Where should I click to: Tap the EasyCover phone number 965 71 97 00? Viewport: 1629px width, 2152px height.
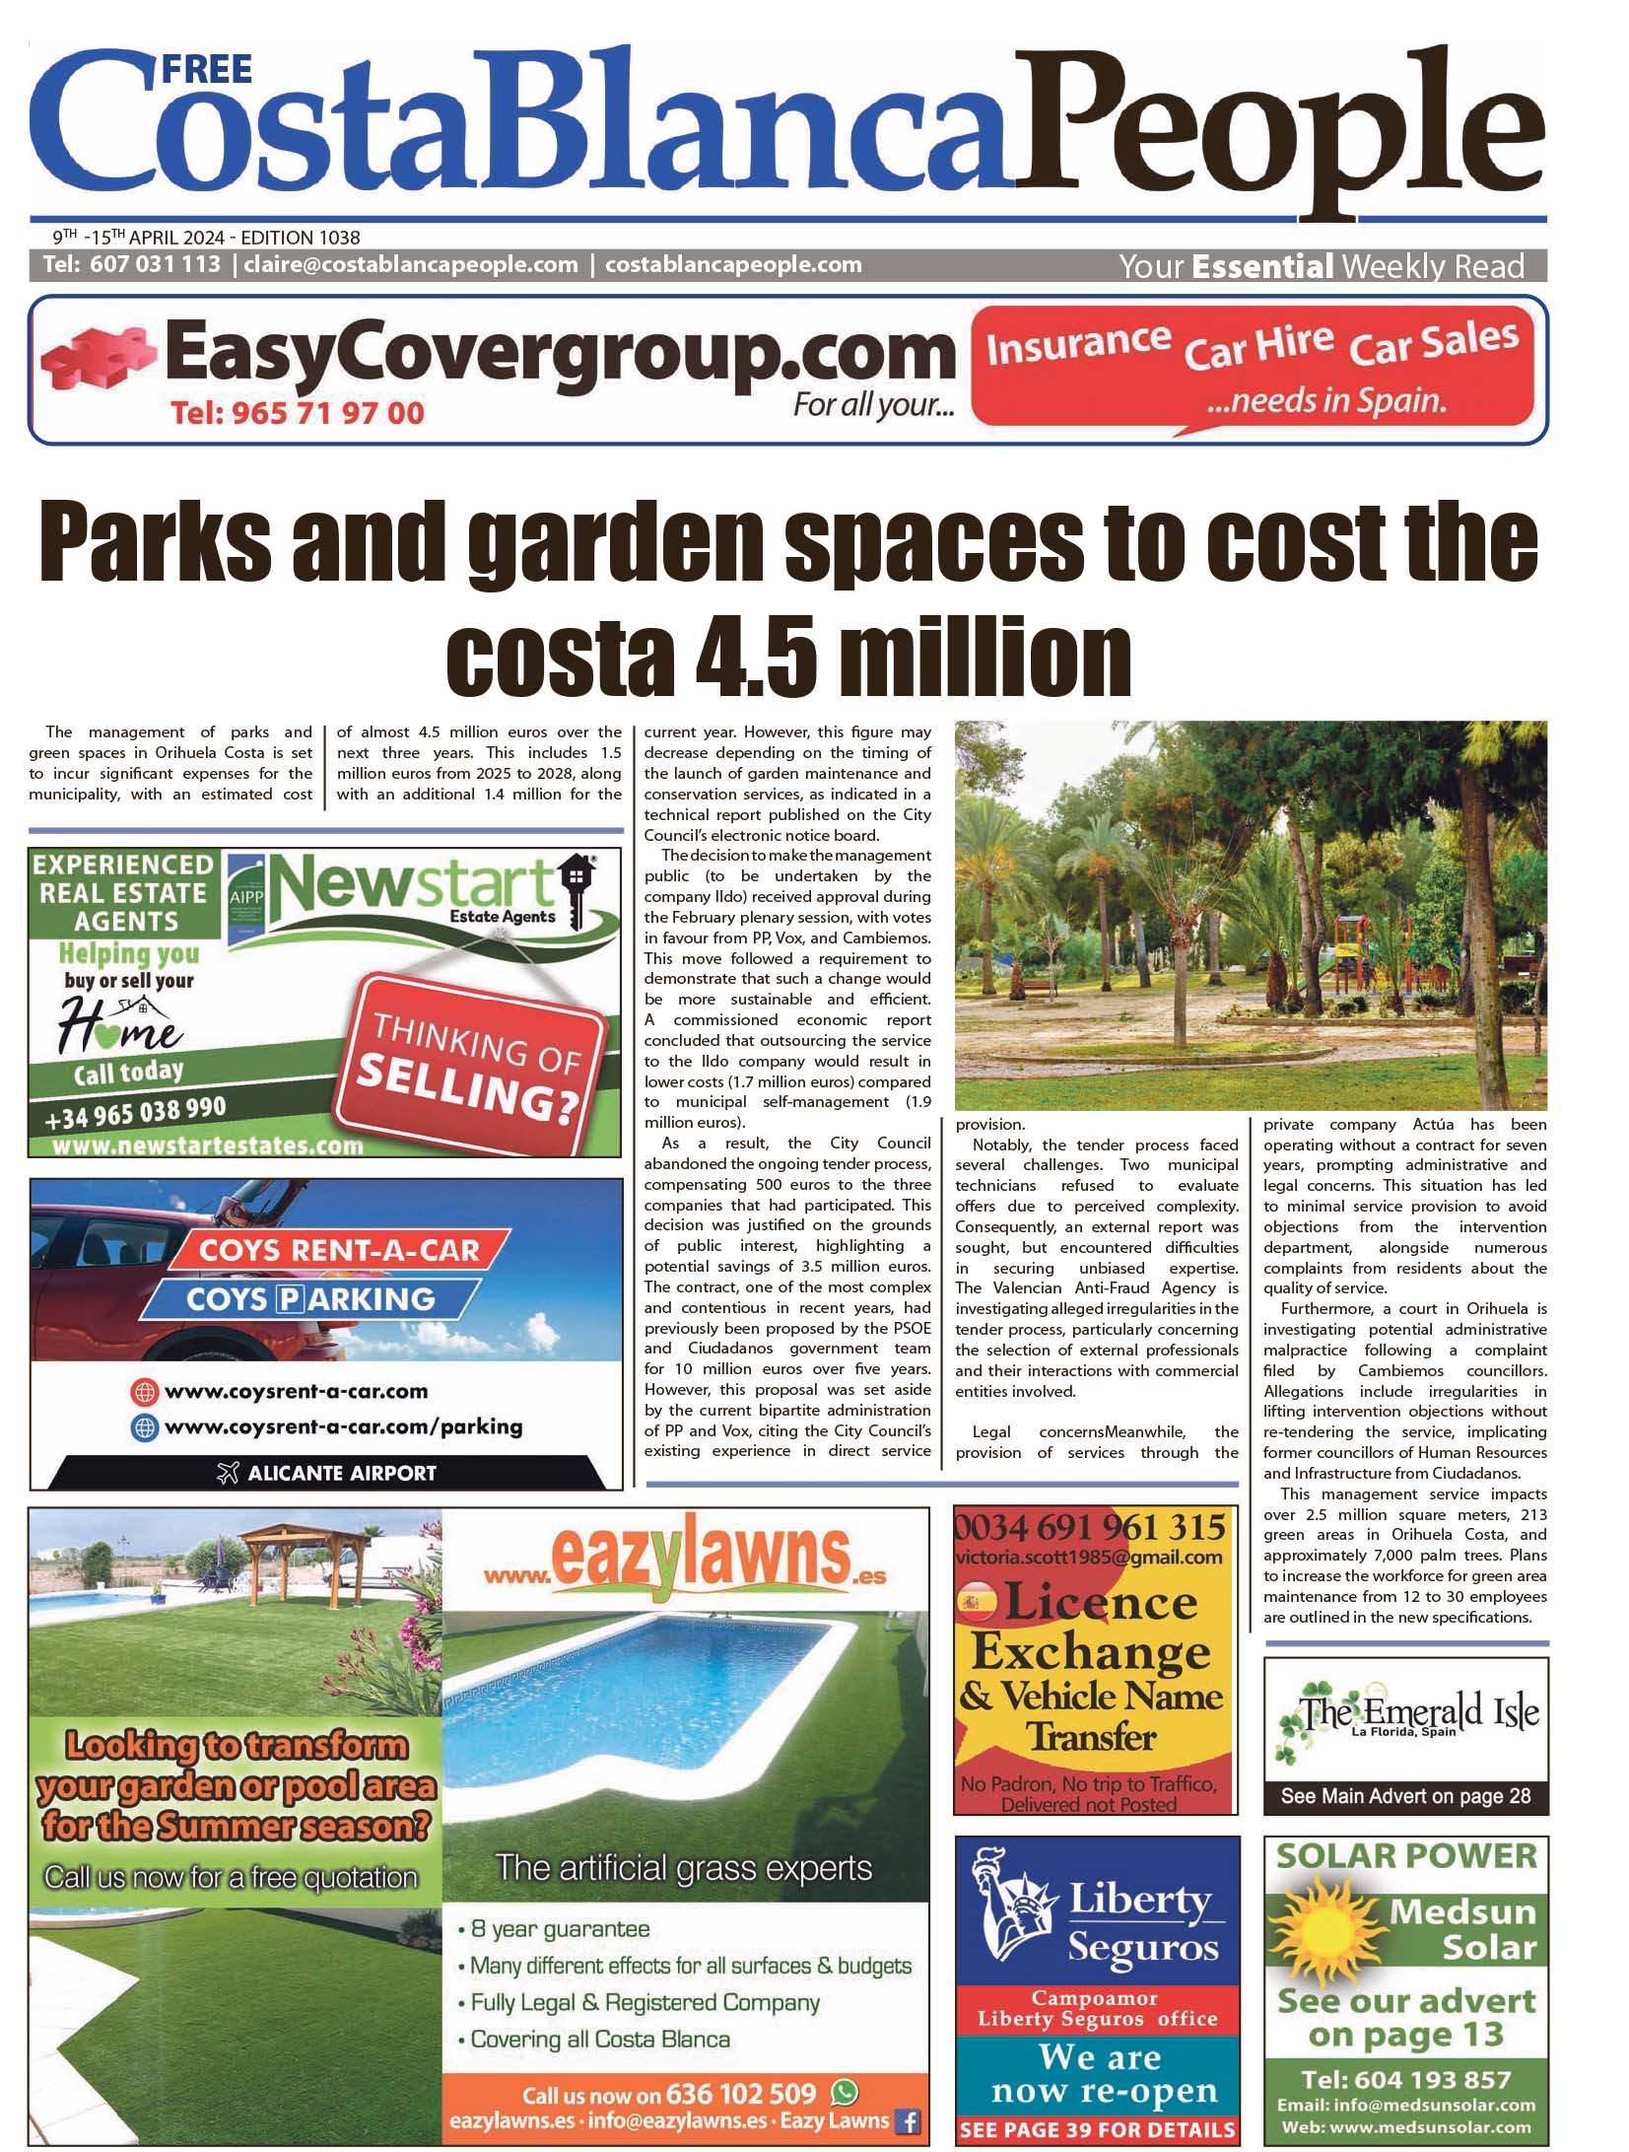coord(297,412)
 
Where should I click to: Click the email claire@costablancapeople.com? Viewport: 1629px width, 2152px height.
coord(411,265)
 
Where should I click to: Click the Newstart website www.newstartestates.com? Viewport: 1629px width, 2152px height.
coord(208,1145)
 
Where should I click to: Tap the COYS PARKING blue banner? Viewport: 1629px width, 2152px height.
coord(310,1299)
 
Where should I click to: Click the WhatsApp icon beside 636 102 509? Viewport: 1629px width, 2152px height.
coord(845,2092)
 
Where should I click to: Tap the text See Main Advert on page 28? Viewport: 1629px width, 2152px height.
coord(1405,1796)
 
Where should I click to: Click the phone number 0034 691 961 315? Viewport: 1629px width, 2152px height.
coord(1090,1529)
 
